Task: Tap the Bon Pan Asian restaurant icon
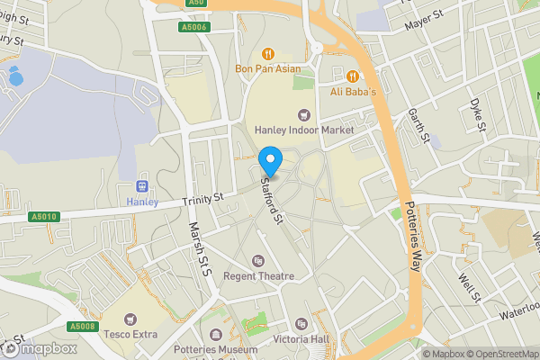pos(267,53)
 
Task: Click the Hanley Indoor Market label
pos(303,130)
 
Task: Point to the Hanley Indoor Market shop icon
pos(303,114)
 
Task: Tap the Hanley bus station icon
pos(140,185)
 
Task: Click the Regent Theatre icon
pos(259,261)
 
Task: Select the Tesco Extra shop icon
pos(131,319)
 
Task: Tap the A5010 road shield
pos(43,217)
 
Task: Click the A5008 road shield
pos(82,326)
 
